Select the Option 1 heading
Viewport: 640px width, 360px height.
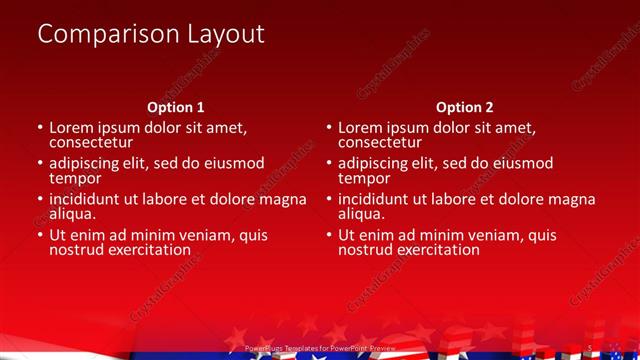(176, 107)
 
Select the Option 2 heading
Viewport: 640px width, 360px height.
(465, 107)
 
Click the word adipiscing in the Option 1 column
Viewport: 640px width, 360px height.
(88, 164)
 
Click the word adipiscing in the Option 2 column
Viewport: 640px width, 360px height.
(377, 164)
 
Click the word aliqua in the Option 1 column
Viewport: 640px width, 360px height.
(72, 214)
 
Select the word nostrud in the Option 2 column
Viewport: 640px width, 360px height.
(364, 250)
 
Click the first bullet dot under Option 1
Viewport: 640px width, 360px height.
(40, 129)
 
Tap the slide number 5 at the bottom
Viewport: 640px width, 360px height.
(591, 348)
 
